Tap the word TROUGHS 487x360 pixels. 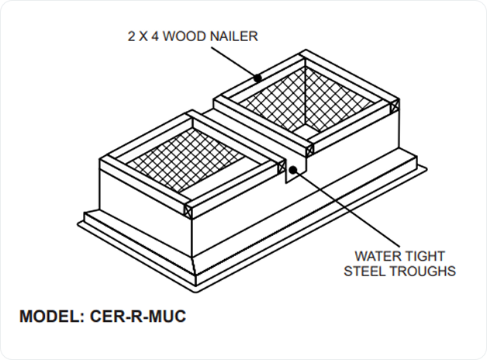(425, 272)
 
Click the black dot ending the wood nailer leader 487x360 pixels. (257, 78)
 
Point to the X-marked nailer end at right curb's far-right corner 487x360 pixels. (395, 103)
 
